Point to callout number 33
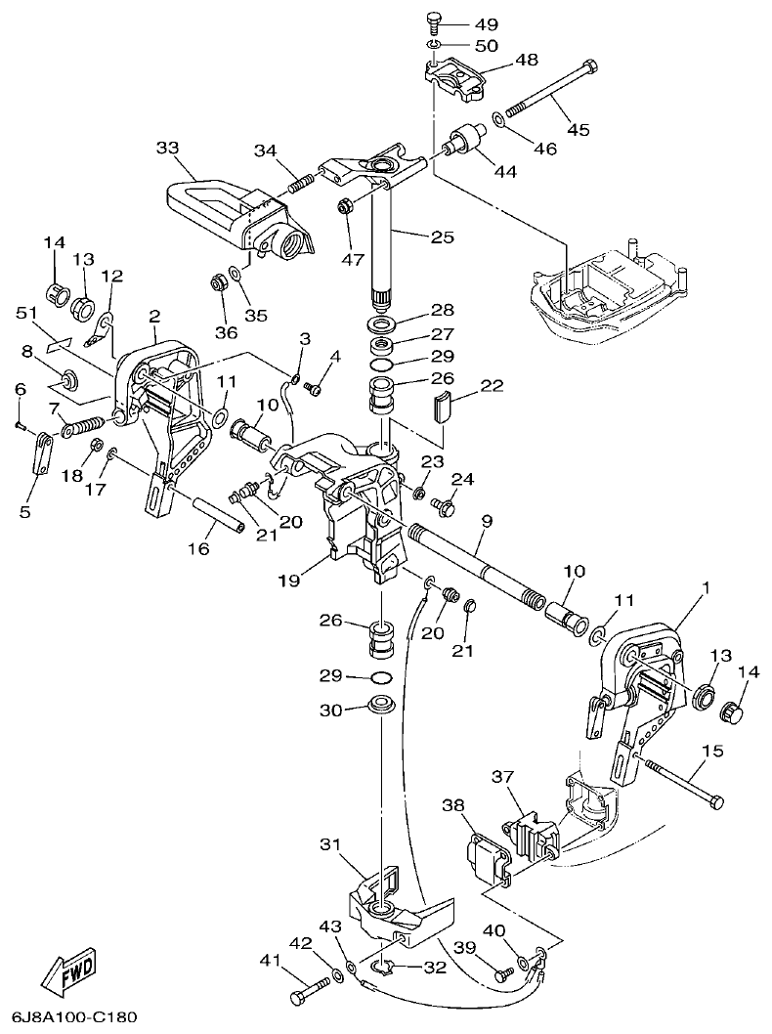[x=168, y=148]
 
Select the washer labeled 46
[x=498, y=119]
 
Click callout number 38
[x=452, y=806]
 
